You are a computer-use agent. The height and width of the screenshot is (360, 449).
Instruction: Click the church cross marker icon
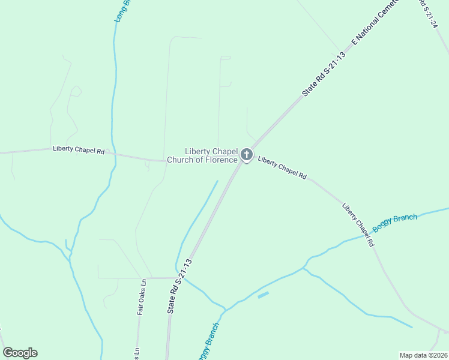click(x=246, y=155)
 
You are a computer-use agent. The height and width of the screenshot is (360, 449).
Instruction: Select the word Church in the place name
click(x=181, y=160)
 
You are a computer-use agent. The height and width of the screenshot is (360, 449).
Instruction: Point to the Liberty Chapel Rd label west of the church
click(x=79, y=150)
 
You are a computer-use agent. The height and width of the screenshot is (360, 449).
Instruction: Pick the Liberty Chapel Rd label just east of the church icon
click(x=282, y=168)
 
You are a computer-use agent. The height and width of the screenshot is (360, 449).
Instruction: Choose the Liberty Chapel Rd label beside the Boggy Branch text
click(x=358, y=225)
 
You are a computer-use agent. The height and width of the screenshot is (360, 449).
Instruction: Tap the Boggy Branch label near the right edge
click(x=394, y=223)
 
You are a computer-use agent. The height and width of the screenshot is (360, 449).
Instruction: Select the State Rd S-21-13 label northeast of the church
click(x=324, y=74)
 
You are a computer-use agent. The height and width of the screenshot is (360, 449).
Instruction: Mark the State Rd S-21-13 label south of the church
click(x=179, y=286)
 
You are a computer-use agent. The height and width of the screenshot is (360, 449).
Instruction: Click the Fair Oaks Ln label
click(x=142, y=297)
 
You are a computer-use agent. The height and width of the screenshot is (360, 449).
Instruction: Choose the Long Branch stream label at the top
click(x=122, y=11)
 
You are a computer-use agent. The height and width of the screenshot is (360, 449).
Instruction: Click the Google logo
click(x=20, y=353)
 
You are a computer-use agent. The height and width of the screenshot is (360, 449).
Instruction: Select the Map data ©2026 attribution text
click(x=423, y=355)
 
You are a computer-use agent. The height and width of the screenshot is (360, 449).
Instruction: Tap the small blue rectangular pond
click(x=263, y=295)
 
